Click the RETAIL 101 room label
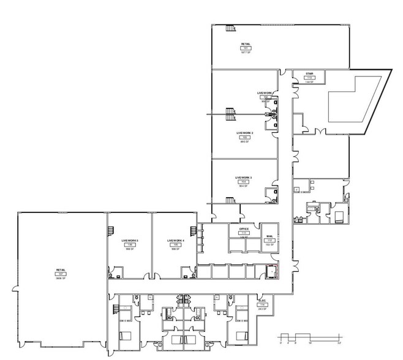coord(246,45)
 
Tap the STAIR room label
coord(309,75)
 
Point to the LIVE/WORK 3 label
coord(243,178)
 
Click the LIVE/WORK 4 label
coord(175,241)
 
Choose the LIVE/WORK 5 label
coord(129,241)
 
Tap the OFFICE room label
coord(243,229)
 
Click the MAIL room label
coord(269,236)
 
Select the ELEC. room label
coord(263,301)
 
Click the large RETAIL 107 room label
coord(61,269)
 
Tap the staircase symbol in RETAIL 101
coord(231,28)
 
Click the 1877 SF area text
coord(246,53)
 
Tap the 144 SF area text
coord(309,83)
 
